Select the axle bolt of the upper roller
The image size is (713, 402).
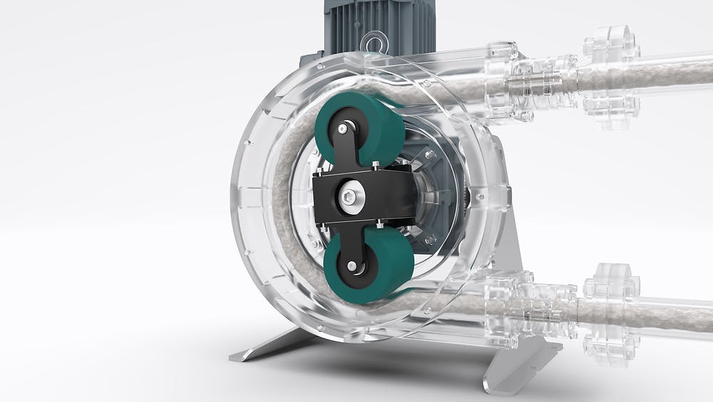(x=344, y=129)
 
